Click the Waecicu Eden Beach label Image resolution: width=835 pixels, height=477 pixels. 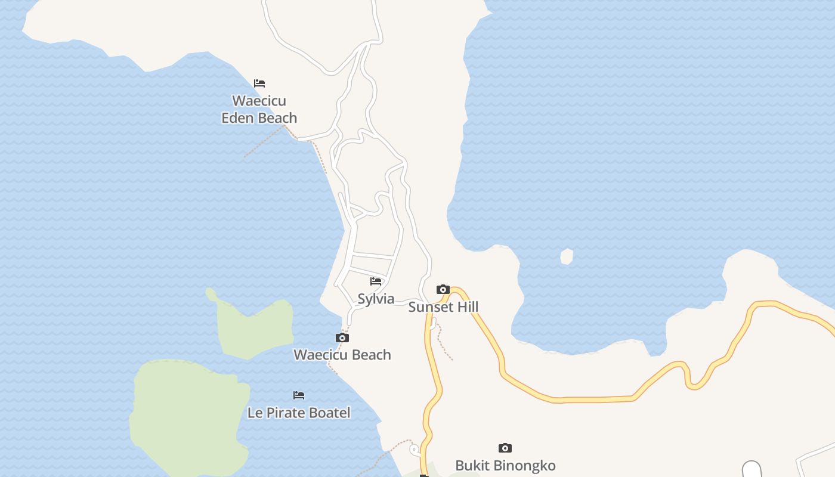coord(259,109)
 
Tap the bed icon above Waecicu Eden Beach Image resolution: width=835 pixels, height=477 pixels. coord(259,83)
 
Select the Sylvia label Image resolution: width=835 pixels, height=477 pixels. coord(376,299)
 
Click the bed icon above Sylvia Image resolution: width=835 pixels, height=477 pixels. coord(376,281)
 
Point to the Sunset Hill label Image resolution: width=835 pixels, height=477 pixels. coord(443,307)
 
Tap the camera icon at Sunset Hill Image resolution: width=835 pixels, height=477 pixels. coord(443,290)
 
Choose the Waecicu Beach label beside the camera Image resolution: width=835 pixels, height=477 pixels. coord(342,355)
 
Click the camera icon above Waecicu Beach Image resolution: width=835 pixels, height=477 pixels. coord(342,338)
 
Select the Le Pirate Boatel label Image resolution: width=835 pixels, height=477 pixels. coord(299,413)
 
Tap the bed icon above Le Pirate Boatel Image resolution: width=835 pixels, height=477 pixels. coord(299,395)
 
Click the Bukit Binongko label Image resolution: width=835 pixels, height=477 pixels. coord(505,466)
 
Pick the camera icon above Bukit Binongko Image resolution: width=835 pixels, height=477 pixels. coord(505,448)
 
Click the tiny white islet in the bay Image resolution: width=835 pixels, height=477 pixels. coord(567,256)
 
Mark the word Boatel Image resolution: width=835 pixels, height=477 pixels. coord(329,413)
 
